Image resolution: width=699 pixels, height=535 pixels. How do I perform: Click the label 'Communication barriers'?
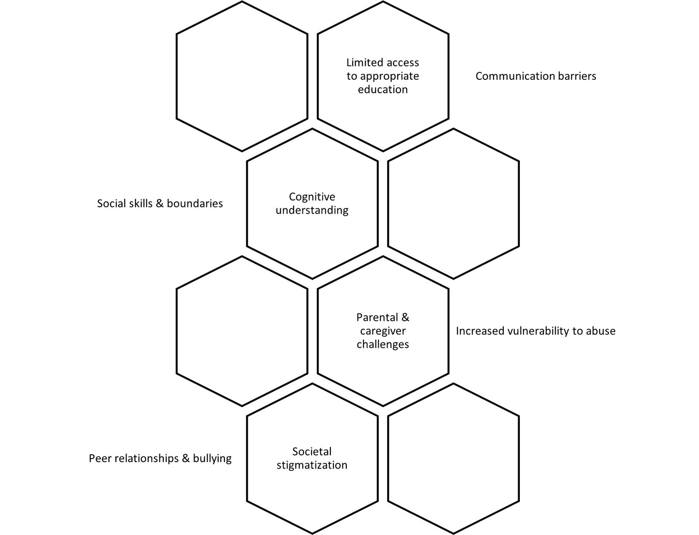point(536,76)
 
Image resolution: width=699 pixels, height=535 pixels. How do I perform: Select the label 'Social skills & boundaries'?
point(160,204)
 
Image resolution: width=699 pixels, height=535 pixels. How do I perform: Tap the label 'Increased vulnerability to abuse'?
point(536,331)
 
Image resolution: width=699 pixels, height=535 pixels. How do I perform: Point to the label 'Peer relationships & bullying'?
point(160,459)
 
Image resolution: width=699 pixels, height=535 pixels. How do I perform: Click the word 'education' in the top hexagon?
point(383,90)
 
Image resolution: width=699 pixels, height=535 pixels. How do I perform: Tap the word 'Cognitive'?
point(312,197)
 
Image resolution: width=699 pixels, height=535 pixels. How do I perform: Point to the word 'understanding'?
point(312,211)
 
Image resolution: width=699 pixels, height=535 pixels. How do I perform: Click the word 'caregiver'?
point(383,331)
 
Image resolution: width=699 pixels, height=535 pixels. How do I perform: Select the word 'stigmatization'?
point(312,465)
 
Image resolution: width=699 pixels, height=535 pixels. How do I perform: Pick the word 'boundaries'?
point(195,204)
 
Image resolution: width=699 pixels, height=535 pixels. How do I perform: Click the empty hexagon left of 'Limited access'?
point(242,76)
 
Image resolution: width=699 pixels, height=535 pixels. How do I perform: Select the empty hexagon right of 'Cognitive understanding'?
point(453,204)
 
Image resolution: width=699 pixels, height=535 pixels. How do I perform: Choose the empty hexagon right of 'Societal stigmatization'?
point(453,459)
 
